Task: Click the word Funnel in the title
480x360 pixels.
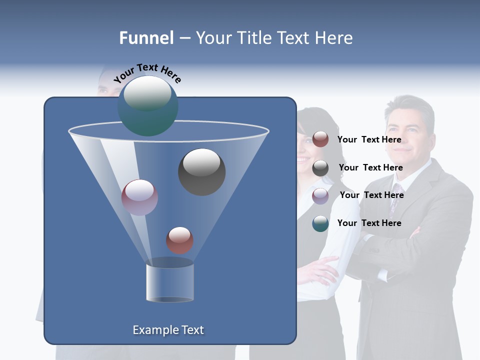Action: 146,38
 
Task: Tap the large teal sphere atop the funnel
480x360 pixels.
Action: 147,105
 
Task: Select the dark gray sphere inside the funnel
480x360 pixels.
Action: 201,171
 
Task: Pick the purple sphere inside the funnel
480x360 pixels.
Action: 139,197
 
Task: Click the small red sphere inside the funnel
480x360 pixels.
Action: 179,240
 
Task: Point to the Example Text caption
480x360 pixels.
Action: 168,330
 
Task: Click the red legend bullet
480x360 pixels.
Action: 320,139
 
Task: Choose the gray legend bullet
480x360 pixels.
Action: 320,168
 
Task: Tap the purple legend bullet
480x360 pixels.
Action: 320,195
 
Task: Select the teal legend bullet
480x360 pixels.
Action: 320,223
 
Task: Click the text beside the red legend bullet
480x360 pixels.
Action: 369,139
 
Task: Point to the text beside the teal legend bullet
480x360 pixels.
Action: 369,223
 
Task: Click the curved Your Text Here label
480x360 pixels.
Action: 147,72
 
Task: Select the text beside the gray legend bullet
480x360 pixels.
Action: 370,167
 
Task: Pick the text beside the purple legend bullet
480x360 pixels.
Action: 371,195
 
